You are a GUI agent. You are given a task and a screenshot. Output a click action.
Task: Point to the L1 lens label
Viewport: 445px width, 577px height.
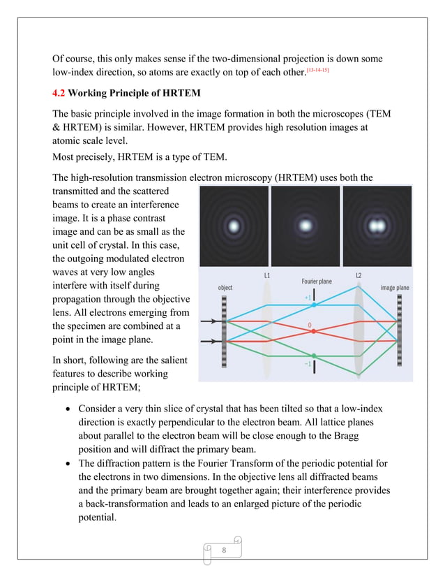pos(266,276)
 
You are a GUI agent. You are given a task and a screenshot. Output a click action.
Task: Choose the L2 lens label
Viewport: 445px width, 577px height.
pos(358,276)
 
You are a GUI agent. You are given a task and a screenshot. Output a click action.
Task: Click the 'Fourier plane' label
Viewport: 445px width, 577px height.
pos(316,282)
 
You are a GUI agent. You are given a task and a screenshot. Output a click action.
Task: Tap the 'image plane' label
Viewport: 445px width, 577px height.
pos(394,287)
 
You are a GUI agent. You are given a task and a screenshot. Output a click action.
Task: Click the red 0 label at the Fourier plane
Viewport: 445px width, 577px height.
pos(309,326)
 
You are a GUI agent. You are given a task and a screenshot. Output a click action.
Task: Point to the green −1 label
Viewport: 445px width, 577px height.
pos(308,364)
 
